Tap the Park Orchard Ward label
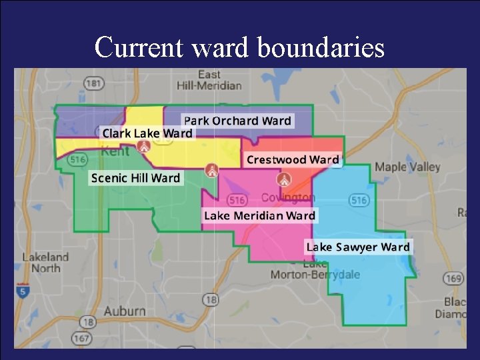pos(237,121)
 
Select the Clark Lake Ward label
pos(147,133)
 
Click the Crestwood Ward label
pos(293,159)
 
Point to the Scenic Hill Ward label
pos(135,178)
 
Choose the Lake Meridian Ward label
pos(259,215)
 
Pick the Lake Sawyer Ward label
pos(357,247)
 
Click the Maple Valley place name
pos(407,167)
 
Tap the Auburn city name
pos(125,311)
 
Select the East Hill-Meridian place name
pos(209,80)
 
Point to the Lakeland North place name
pos(45,263)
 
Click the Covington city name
pos(288,197)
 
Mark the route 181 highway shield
pos(94,83)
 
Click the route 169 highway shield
pos(453,278)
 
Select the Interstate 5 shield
pos(22,291)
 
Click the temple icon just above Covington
pos(284,180)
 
